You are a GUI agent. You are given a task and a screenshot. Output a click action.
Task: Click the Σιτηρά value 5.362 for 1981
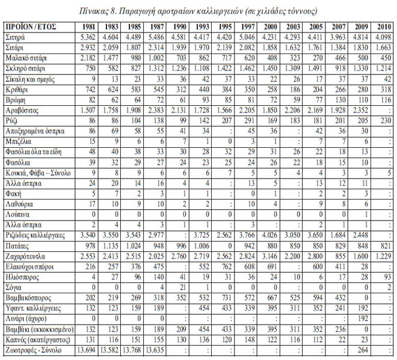coord(88,37)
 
